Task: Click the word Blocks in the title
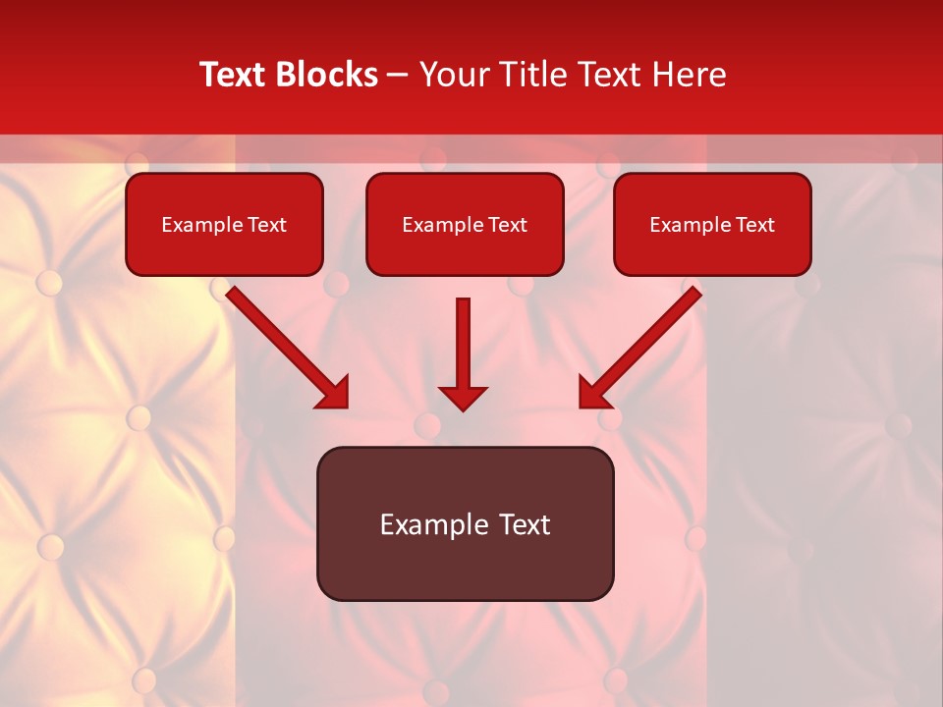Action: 326,75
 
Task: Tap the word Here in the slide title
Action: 689,75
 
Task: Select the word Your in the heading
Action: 451,75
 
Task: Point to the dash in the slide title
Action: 398,76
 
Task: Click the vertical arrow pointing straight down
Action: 463,344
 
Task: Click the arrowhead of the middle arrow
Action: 463,398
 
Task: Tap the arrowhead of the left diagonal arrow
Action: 334,393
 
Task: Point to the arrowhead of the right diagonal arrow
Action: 594,393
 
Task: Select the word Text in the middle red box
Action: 508,225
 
